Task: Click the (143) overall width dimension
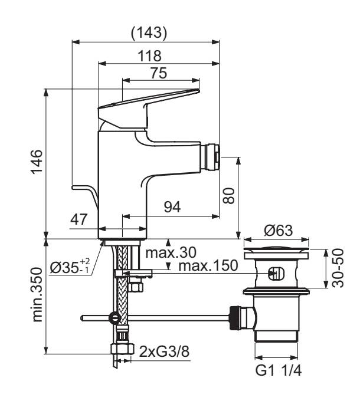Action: [x=148, y=34]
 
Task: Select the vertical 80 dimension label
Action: [x=230, y=195]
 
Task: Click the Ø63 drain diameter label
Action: [x=277, y=231]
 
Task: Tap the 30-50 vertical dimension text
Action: [x=337, y=268]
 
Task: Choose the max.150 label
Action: [x=208, y=267]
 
